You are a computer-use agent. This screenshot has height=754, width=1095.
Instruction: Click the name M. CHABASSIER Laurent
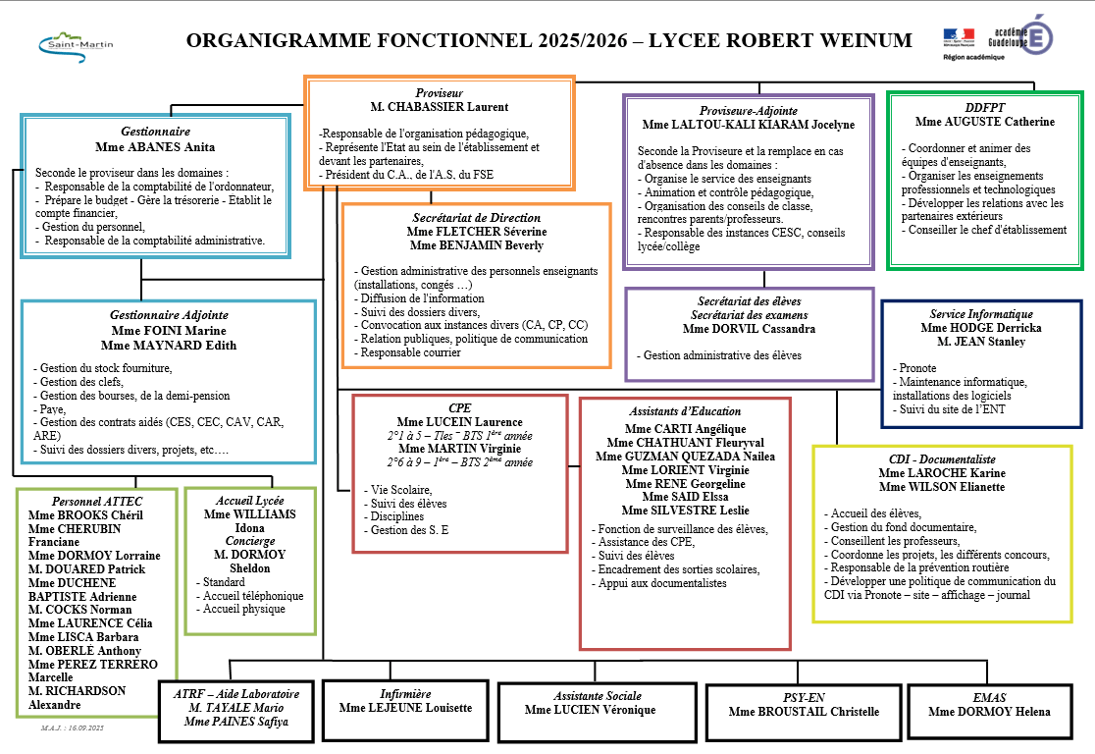439,107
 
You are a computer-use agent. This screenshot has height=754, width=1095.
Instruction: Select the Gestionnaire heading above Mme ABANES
155,131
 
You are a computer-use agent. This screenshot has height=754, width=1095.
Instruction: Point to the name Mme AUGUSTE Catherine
985,122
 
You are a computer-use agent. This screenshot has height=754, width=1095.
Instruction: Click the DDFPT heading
985,107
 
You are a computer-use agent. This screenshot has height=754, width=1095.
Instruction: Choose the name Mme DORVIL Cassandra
750,329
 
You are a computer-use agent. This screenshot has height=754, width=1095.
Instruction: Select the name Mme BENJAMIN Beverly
476,245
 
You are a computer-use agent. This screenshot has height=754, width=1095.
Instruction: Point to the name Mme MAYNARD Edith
169,345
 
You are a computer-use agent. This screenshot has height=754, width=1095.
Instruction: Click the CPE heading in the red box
459,407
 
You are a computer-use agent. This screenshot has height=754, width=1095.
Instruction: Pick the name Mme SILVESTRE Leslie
685,511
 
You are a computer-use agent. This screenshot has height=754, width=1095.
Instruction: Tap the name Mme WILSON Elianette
941,487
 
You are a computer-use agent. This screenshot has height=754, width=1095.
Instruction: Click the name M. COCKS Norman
80,610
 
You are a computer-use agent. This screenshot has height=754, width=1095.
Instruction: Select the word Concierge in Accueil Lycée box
249,541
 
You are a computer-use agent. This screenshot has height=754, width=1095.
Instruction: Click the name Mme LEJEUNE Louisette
405,708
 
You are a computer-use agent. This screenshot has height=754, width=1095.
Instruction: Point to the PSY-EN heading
804,697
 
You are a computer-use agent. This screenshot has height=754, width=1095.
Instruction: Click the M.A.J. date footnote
73,730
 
